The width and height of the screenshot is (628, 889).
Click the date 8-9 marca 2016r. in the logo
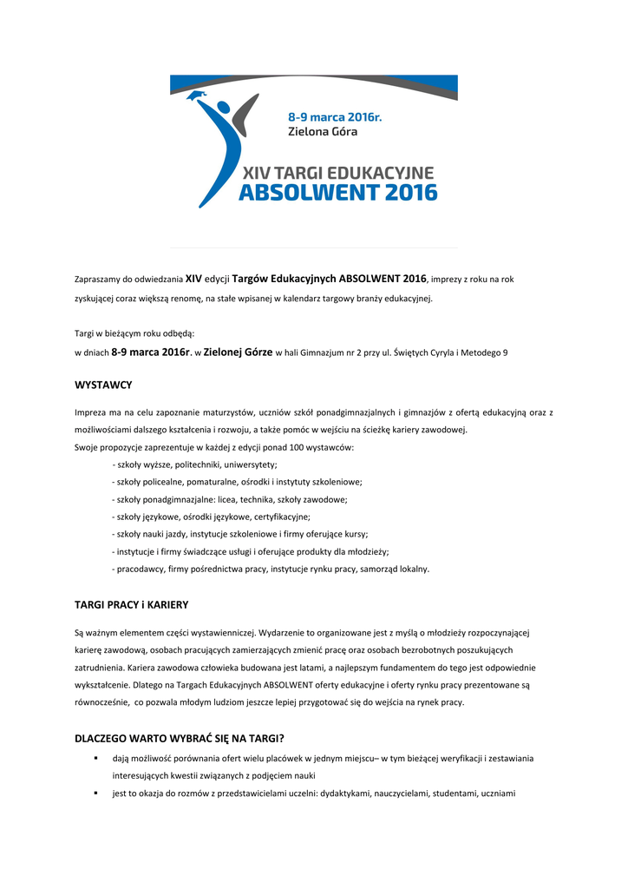(x=334, y=116)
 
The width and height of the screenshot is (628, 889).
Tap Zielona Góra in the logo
(x=322, y=132)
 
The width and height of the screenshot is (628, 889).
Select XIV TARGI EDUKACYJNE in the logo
(x=338, y=173)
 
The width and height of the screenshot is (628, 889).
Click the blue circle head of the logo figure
(x=225, y=111)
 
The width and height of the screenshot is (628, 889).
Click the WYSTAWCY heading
(x=103, y=383)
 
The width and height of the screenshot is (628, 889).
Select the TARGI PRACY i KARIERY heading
(x=131, y=604)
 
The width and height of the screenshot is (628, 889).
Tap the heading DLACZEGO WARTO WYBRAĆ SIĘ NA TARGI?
(x=180, y=739)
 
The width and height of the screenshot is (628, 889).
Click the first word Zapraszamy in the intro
(x=97, y=280)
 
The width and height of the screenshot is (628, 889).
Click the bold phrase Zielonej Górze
(x=238, y=352)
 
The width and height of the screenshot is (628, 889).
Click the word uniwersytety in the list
(x=251, y=465)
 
